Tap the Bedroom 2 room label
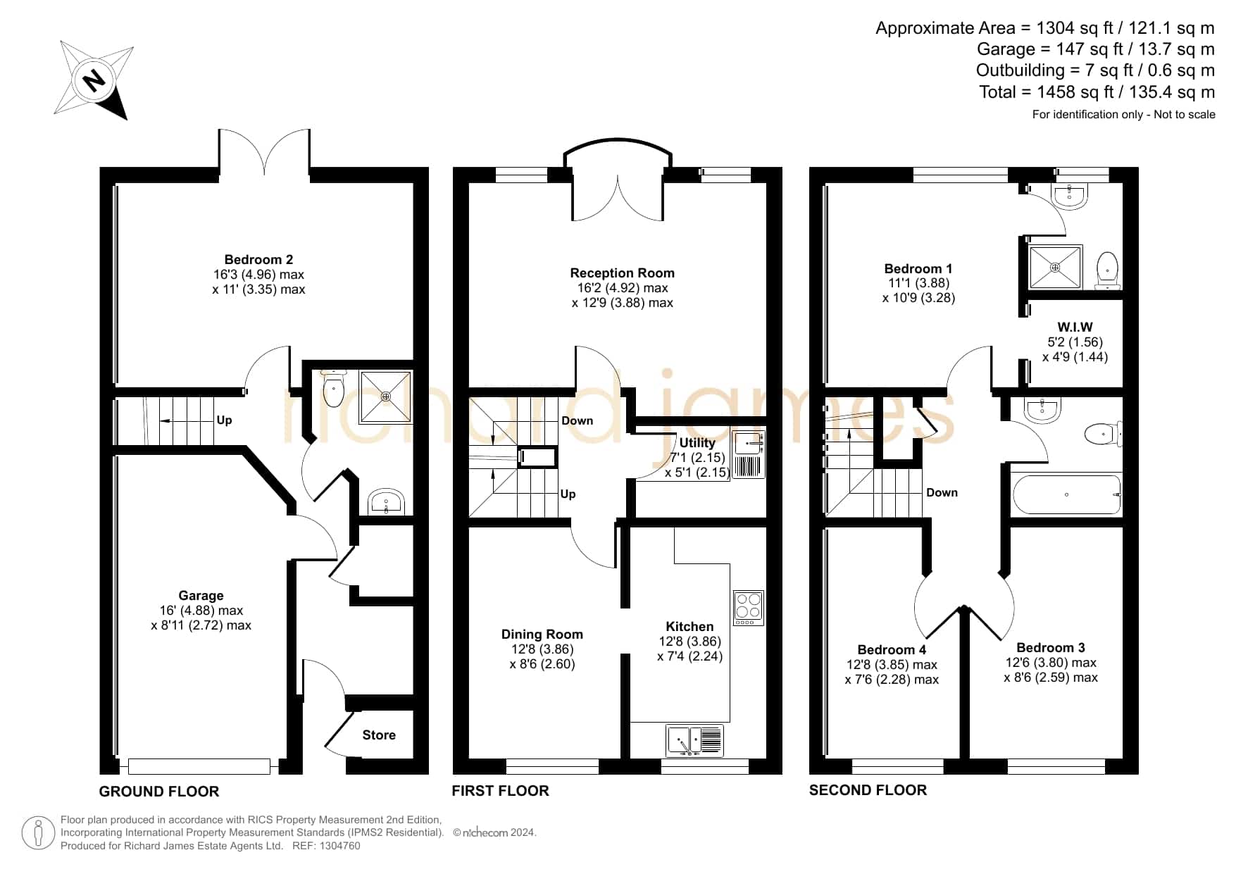258,259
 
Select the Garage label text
201,595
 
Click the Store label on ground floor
379,735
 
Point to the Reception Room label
622,273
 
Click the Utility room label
697,442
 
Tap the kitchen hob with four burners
748,608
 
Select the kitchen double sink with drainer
694,741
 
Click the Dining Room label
542,634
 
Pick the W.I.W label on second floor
1075,327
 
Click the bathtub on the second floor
1066,494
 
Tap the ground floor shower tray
385,397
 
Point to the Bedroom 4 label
892,649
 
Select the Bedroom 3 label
1051,647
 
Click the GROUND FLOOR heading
159,792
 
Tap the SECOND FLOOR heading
868,790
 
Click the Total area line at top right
1097,92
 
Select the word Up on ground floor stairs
224,420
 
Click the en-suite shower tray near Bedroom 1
1055,267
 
